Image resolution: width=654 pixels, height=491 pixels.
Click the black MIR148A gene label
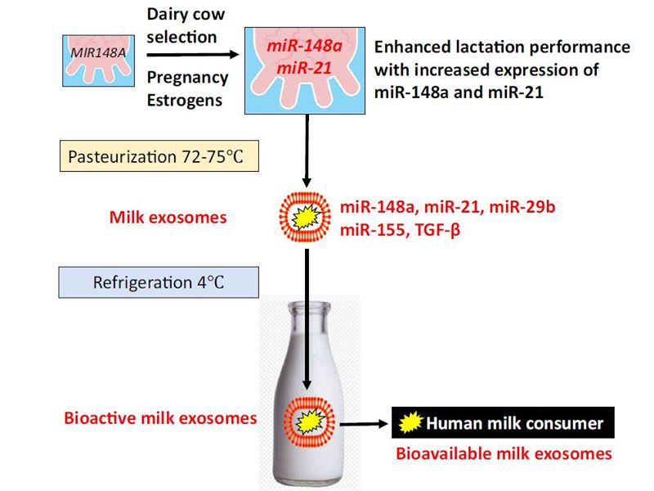click(98, 53)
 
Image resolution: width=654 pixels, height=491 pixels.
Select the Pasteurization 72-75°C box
click(159, 156)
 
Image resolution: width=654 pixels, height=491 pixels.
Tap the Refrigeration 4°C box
click(159, 282)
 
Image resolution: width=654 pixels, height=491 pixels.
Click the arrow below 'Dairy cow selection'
click(193, 55)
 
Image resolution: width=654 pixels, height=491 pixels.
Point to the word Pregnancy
click(188, 78)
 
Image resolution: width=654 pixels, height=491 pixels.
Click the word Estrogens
click(185, 101)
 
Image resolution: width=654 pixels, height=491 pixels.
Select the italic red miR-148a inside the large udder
click(304, 46)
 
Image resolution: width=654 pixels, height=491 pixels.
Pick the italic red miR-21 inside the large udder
click(304, 68)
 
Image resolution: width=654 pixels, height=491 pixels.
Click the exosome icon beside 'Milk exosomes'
click(305, 217)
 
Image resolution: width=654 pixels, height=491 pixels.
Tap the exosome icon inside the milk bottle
click(309, 421)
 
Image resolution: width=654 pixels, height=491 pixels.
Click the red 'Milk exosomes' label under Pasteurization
click(168, 218)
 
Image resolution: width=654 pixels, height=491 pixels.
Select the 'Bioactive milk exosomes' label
click(160, 418)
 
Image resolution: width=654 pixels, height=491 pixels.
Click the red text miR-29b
click(522, 207)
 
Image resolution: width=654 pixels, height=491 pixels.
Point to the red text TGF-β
click(438, 230)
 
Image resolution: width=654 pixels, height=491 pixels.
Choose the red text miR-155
click(372, 230)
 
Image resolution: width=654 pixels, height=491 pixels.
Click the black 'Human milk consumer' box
click(503, 422)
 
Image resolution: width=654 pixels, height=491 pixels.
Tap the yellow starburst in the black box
click(411, 422)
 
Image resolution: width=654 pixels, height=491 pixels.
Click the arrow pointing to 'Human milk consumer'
click(364, 424)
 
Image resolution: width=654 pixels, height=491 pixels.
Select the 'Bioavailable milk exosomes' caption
click(504, 453)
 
